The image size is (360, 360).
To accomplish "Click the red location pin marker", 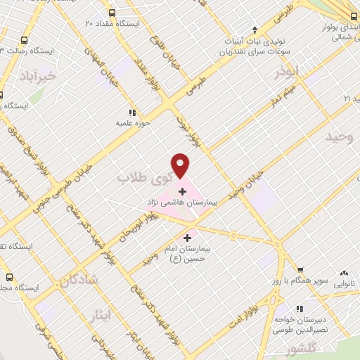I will coord(181,165).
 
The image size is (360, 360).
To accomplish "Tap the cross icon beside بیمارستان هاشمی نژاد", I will coord(182,191).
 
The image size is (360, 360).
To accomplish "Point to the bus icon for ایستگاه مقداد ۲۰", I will coord(112,13).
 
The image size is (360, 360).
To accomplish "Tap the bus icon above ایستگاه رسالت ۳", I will coord(25,41).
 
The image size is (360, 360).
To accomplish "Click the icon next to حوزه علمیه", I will coord(131,112).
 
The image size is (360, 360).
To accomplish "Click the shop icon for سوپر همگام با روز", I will coord(300,270).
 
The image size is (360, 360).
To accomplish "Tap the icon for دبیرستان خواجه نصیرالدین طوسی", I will coord(300,308).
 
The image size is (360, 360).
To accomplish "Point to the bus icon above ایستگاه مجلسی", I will coord(10,277).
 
